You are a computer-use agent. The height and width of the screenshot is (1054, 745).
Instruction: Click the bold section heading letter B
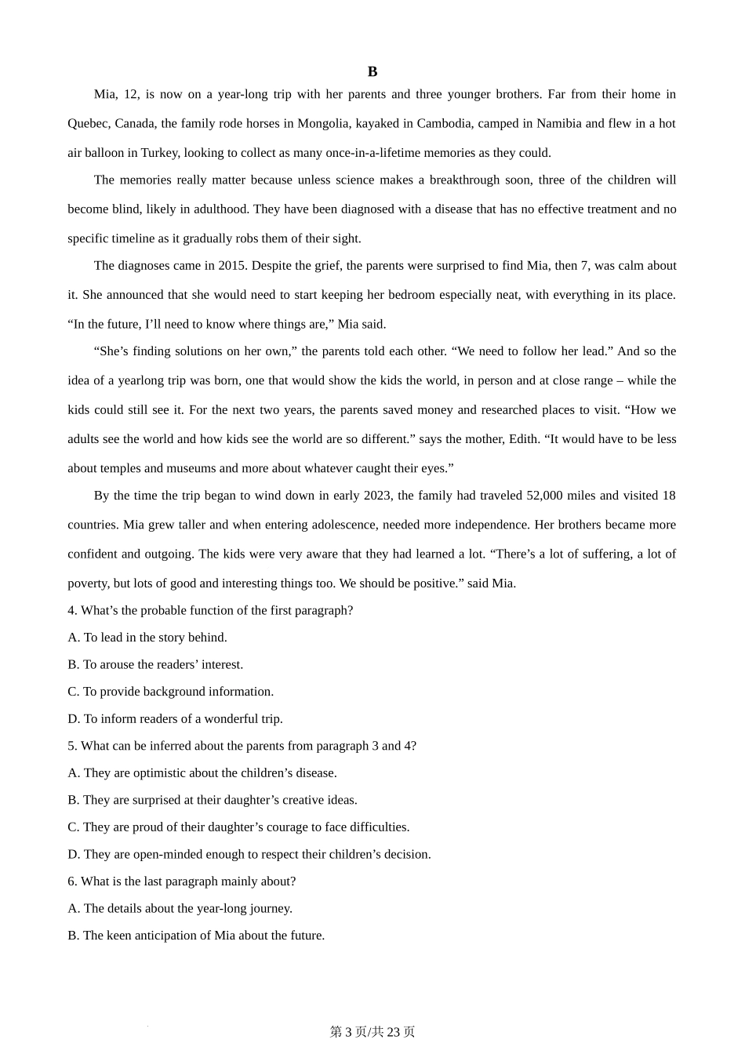[372, 71]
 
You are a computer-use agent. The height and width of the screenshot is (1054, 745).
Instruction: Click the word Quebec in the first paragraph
[88, 123]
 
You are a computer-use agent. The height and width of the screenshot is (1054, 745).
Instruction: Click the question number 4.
[71, 610]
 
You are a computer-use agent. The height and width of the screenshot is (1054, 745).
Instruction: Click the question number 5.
[71, 746]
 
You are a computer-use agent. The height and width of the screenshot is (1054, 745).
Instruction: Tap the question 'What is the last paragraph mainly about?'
[187, 881]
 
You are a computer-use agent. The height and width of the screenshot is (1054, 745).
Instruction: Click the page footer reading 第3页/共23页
[372, 1032]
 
